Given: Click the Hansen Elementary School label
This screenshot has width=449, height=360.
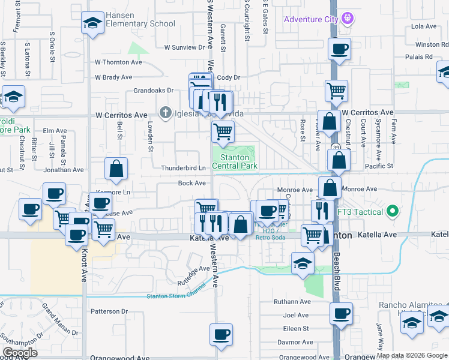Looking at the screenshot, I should point(140,20).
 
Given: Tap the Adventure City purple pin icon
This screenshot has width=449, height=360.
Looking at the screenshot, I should point(348,19).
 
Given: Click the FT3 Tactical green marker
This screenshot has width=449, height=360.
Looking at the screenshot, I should point(393,211).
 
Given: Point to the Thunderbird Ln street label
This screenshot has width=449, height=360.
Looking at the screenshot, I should point(183,168).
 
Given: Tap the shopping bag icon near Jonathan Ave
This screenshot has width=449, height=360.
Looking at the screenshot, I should point(116,170).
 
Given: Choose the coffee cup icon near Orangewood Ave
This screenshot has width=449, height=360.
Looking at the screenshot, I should point(221,334).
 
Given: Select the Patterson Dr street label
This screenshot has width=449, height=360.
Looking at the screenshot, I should point(109,311).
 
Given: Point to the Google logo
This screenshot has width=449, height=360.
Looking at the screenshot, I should point(20,353).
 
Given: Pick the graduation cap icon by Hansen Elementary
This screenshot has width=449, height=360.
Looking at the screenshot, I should point(92,23).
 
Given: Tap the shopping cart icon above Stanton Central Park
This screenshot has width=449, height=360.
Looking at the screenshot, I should point(223,131).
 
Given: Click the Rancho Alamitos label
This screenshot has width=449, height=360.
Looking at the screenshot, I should point(403,304).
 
